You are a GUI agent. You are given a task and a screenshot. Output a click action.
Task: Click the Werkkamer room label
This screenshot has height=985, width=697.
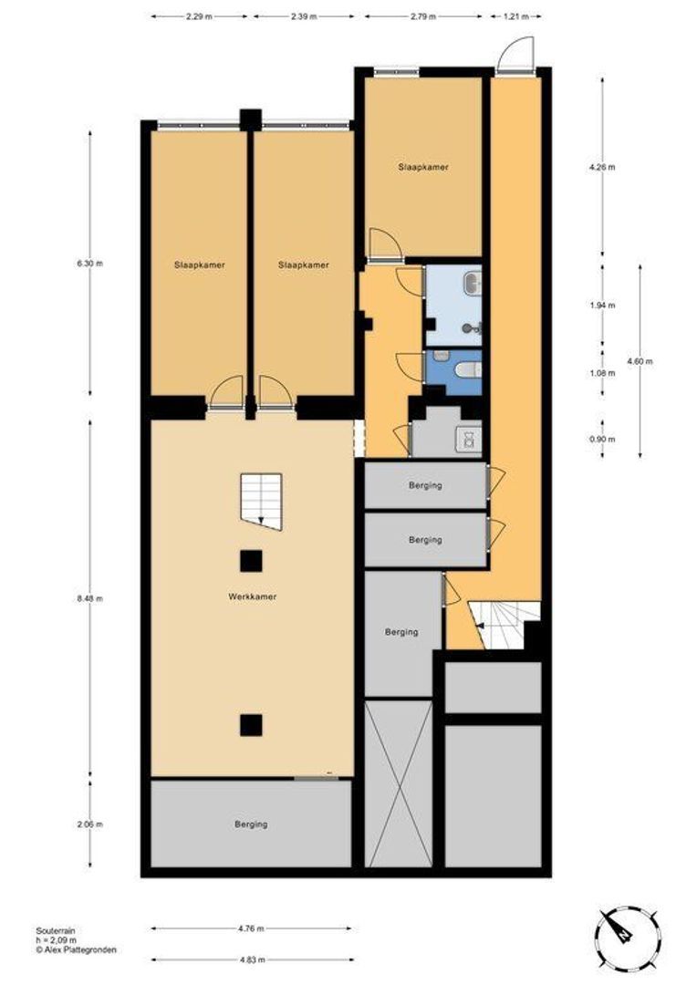point(252,596)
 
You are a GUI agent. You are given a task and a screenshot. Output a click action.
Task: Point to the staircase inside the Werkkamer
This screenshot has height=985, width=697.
point(262,501)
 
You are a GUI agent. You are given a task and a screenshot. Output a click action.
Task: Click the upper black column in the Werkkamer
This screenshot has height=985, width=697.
point(251,560)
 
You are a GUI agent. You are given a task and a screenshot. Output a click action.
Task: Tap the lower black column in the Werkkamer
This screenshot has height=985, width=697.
point(251,724)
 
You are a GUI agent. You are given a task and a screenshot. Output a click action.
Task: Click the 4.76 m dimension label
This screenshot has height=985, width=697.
point(251,929)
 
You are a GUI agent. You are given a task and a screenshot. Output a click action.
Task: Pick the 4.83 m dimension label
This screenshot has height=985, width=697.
point(251,959)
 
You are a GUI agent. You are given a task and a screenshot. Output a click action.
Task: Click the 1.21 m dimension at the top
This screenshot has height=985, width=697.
point(516,16)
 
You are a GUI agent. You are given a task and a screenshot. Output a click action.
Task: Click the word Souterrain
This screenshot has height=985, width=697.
point(56,930)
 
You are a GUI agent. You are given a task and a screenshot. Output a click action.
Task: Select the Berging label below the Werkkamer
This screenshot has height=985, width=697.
point(251,824)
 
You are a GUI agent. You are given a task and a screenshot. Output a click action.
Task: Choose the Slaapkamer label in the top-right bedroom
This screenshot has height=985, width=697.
point(422,168)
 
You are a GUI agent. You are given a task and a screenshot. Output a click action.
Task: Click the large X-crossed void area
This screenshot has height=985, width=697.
point(398,783)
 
